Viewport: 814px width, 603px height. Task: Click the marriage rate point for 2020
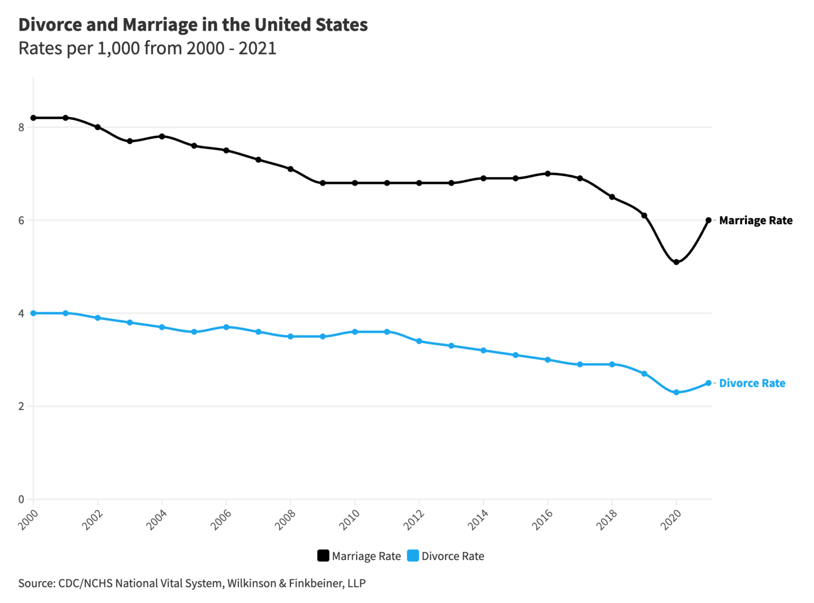click(x=676, y=262)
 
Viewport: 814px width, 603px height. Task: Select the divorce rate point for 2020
click(x=676, y=393)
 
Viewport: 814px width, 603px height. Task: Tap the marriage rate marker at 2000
click(x=33, y=118)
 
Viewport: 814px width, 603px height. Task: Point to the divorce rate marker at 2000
click(x=33, y=313)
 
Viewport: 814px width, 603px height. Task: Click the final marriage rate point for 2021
click(x=709, y=220)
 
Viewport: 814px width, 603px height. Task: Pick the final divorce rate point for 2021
click(x=709, y=383)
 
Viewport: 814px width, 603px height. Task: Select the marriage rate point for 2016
click(x=547, y=173)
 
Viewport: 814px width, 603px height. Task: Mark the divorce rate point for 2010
click(x=355, y=332)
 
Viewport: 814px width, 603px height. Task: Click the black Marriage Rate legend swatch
click(x=323, y=556)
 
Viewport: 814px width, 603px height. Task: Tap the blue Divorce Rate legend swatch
click(x=413, y=556)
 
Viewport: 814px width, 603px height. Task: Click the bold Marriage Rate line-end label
click(x=755, y=220)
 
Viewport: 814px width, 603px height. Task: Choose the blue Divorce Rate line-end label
click(x=751, y=383)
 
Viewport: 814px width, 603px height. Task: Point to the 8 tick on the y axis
click(x=21, y=127)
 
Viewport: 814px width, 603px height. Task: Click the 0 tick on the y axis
click(x=21, y=499)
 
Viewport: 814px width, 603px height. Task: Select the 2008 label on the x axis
click(x=285, y=520)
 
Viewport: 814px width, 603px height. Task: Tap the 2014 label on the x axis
click(x=478, y=520)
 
